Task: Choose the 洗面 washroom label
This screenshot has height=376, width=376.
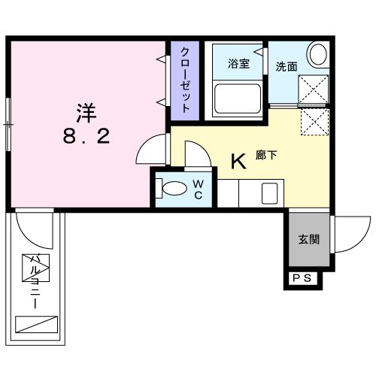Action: pyautogui.click(x=286, y=66)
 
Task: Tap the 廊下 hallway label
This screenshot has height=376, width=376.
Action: pyautogui.click(x=268, y=156)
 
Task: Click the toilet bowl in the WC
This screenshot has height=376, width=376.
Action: pyautogui.click(x=172, y=187)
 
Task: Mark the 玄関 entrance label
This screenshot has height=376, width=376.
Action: pyautogui.click(x=308, y=241)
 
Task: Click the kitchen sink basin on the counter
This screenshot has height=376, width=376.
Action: pyautogui.click(x=271, y=193)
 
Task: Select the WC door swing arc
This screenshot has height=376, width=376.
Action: pyautogui.click(x=194, y=156)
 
